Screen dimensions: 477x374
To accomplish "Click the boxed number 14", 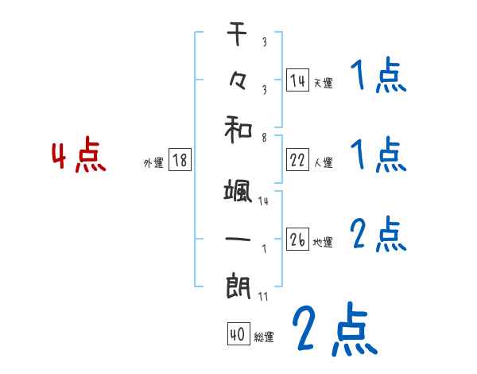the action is click(297, 80).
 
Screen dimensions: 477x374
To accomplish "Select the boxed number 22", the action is click(297, 160).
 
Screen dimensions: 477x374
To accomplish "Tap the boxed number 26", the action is click(297, 240).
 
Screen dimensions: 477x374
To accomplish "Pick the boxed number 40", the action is click(237, 335).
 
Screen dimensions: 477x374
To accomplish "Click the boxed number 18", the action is click(180, 160).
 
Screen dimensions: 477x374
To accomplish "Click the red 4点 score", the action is click(79, 156).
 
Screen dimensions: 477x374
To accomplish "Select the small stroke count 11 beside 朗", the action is click(262, 296).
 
